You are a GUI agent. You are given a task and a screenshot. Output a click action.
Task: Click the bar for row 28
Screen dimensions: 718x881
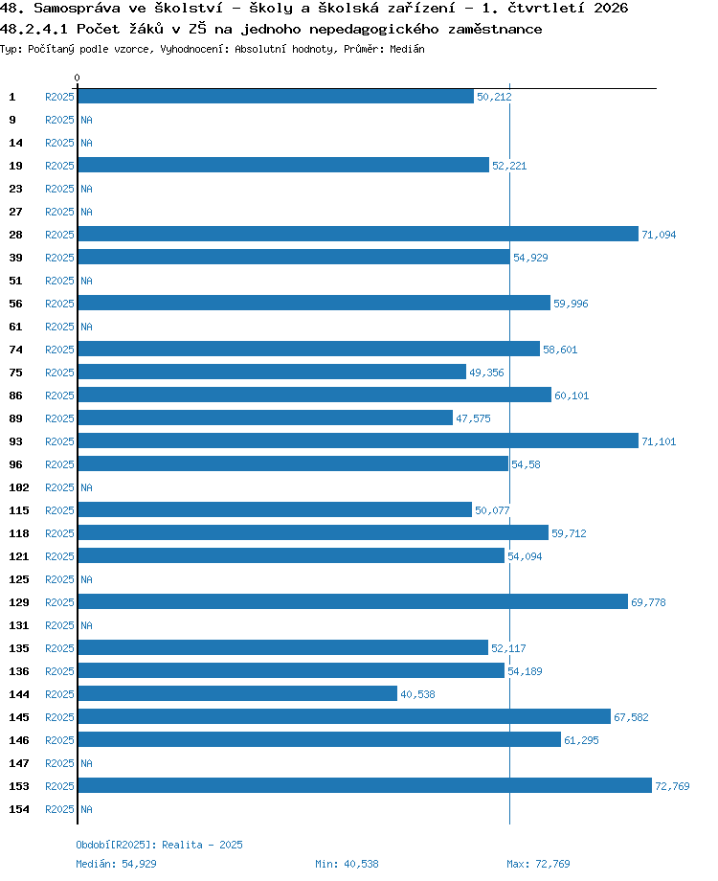coord(358,234)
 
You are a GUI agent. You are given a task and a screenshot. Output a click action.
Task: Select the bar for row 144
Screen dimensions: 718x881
coord(237,693)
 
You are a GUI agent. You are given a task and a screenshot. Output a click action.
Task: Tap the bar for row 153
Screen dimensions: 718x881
coord(365,785)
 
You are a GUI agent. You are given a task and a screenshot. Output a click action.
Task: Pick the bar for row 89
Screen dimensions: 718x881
coord(265,418)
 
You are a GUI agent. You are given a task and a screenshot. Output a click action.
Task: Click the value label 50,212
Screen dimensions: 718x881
coord(494,97)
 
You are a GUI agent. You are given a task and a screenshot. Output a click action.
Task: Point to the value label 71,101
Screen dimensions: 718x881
coord(659,441)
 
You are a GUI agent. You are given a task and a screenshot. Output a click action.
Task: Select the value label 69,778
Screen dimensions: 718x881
coord(648,602)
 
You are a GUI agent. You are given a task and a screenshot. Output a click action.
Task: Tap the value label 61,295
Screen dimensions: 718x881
coord(581,740)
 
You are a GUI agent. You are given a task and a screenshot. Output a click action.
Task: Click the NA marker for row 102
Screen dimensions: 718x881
coord(86,487)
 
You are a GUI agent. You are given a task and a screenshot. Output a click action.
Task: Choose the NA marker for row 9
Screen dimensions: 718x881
coord(86,120)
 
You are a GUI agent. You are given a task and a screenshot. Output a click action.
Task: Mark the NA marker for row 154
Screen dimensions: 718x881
coord(86,809)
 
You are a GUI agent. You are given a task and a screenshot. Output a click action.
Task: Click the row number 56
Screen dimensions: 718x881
coord(15,304)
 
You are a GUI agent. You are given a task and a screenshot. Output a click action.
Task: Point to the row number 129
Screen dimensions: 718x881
coord(19,602)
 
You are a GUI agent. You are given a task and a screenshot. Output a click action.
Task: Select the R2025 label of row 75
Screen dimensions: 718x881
coord(59,373)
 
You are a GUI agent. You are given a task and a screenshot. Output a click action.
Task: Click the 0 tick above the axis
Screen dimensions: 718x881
coord(77,78)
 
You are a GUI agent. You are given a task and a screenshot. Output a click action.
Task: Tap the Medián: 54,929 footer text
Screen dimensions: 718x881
coord(116,864)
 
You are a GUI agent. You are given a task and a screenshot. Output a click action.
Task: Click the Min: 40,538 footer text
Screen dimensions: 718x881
coord(347,864)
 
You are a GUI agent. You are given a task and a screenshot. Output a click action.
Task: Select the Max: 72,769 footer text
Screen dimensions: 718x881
coord(538,864)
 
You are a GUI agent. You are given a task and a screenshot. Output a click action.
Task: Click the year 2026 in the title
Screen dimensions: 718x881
coord(611,8)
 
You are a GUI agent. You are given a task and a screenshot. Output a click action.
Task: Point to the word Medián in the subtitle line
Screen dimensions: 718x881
coord(407,49)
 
